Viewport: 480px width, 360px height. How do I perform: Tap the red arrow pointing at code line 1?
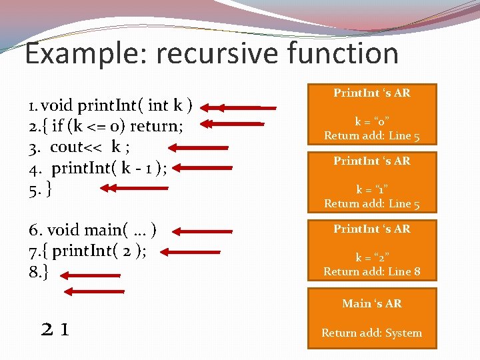pyautogui.click(x=239, y=107)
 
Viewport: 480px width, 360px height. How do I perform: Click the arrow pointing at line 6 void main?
pyautogui.click(x=207, y=231)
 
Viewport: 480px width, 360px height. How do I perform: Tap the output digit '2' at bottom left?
pyautogui.click(x=48, y=329)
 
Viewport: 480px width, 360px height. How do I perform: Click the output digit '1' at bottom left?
pyautogui.click(x=65, y=329)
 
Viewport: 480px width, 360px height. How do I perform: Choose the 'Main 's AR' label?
pyautogui.click(x=372, y=303)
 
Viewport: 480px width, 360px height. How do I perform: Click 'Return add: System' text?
pyautogui.click(x=372, y=333)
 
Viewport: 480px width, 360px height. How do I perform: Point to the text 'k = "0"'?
pyautogui.click(x=372, y=121)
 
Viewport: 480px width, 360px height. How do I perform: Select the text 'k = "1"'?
pyautogui.click(x=372, y=189)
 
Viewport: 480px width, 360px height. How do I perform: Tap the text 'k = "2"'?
pyautogui.click(x=372, y=257)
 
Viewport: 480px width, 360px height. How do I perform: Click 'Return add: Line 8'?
pyautogui.click(x=372, y=271)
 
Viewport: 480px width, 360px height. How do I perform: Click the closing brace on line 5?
pyautogui.click(x=50, y=189)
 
